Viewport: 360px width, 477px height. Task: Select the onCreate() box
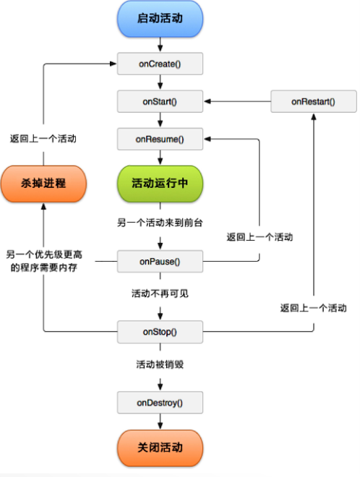point(159,64)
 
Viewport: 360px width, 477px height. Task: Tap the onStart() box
point(159,101)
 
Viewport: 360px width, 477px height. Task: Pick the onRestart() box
point(314,101)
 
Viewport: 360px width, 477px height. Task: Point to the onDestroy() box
point(159,402)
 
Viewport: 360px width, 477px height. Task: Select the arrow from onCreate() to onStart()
point(159,82)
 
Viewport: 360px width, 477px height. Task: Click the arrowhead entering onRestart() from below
point(314,117)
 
